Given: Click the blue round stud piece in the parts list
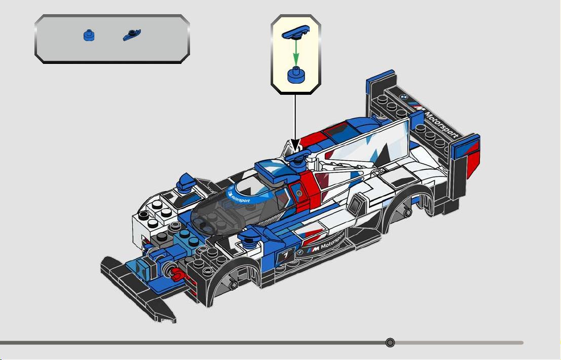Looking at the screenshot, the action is [89, 35].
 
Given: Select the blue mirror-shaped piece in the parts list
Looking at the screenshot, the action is [132, 34].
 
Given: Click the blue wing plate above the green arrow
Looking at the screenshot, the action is [296, 31].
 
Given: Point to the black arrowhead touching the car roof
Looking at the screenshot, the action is [295, 146].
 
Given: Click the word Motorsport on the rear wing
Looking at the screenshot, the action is [441, 125].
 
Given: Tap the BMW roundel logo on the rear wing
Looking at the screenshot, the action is [403, 97].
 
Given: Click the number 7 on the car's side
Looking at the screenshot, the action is [285, 256].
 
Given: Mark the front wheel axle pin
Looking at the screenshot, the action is [233, 284].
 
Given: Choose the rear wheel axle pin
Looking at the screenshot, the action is [407, 212].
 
